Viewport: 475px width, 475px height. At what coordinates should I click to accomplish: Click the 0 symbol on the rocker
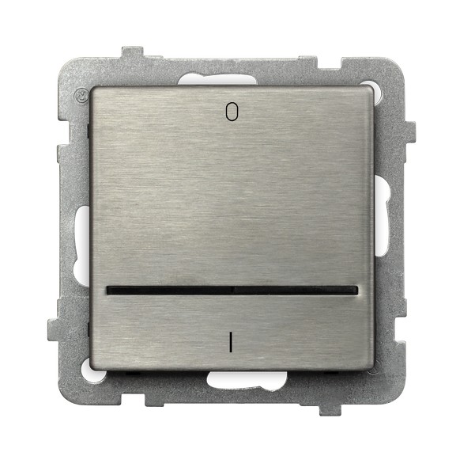tap(232, 112)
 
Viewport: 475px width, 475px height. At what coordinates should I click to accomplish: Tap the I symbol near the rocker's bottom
tap(231, 342)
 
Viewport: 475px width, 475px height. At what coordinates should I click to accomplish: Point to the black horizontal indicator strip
tap(232, 291)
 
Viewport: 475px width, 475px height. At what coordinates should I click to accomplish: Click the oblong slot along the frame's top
tap(217, 79)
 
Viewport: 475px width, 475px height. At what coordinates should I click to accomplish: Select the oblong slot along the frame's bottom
tap(247, 380)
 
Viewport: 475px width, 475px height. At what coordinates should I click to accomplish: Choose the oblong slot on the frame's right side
tap(382, 215)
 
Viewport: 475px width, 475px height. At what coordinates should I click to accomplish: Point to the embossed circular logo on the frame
tap(79, 94)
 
